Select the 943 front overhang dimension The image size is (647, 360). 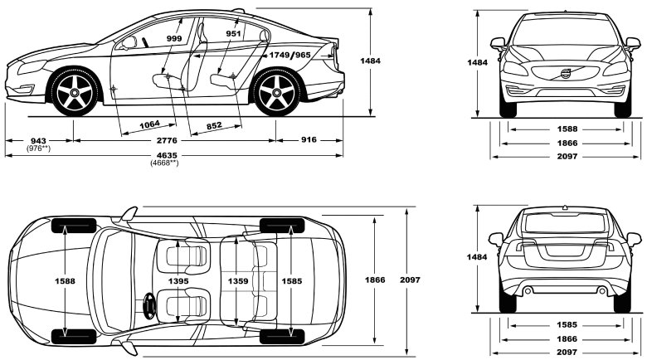click(x=36, y=141)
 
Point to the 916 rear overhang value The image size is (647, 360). click(x=309, y=141)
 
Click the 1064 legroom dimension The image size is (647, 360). click(x=149, y=124)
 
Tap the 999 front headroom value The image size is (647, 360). click(x=174, y=39)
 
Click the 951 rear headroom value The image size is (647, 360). click(x=234, y=34)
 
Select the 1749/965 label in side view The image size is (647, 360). click(x=290, y=54)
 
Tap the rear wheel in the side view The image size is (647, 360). click(x=277, y=94)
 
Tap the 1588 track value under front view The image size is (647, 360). click(x=568, y=129)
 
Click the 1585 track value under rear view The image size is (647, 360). click(x=568, y=325)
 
